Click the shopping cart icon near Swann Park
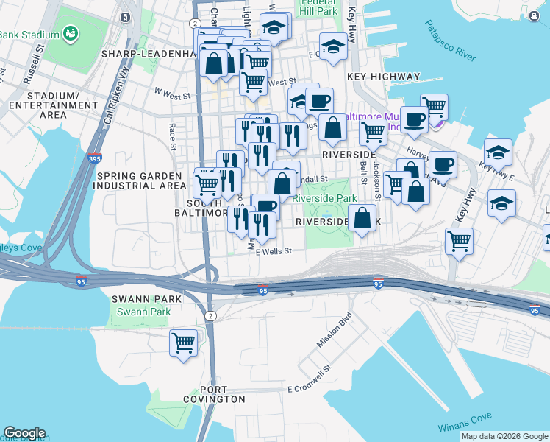(x=183, y=343)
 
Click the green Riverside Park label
(x=324, y=198)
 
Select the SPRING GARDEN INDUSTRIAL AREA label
(x=137, y=180)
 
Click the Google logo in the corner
(x=24, y=433)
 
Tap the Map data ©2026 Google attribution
(x=504, y=436)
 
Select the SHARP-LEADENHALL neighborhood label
(x=150, y=54)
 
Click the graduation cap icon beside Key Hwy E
(x=498, y=152)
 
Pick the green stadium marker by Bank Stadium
(x=71, y=33)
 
